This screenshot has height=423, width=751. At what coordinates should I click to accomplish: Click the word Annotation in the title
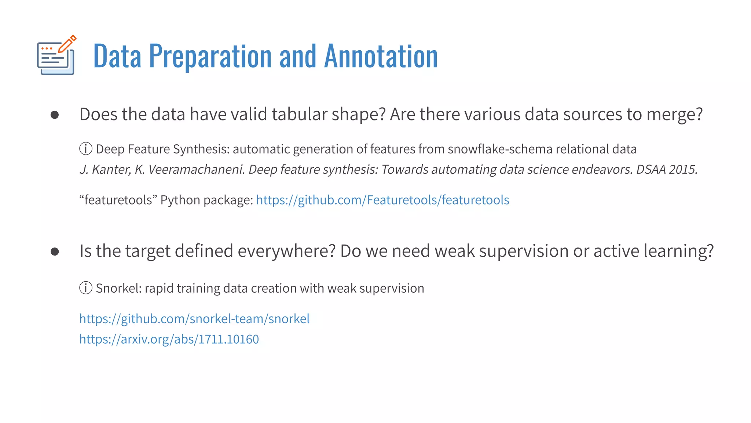pos(381,56)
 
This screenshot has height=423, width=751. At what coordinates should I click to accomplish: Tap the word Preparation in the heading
pos(210,56)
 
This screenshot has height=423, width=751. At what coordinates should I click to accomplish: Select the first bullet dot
pos(55,115)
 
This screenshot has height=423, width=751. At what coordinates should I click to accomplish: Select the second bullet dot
pos(55,252)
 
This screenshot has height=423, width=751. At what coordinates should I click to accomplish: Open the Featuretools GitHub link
pos(382,200)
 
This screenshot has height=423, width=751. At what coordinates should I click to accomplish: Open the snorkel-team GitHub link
pos(194,319)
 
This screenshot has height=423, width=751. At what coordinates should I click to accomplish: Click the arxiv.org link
pos(169,339)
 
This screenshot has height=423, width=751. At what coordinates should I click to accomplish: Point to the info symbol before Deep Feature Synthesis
pos(86,149)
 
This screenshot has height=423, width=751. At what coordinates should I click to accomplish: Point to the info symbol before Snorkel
pos(86,288)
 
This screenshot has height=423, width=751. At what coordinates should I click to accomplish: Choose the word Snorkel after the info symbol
pos(118,288)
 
